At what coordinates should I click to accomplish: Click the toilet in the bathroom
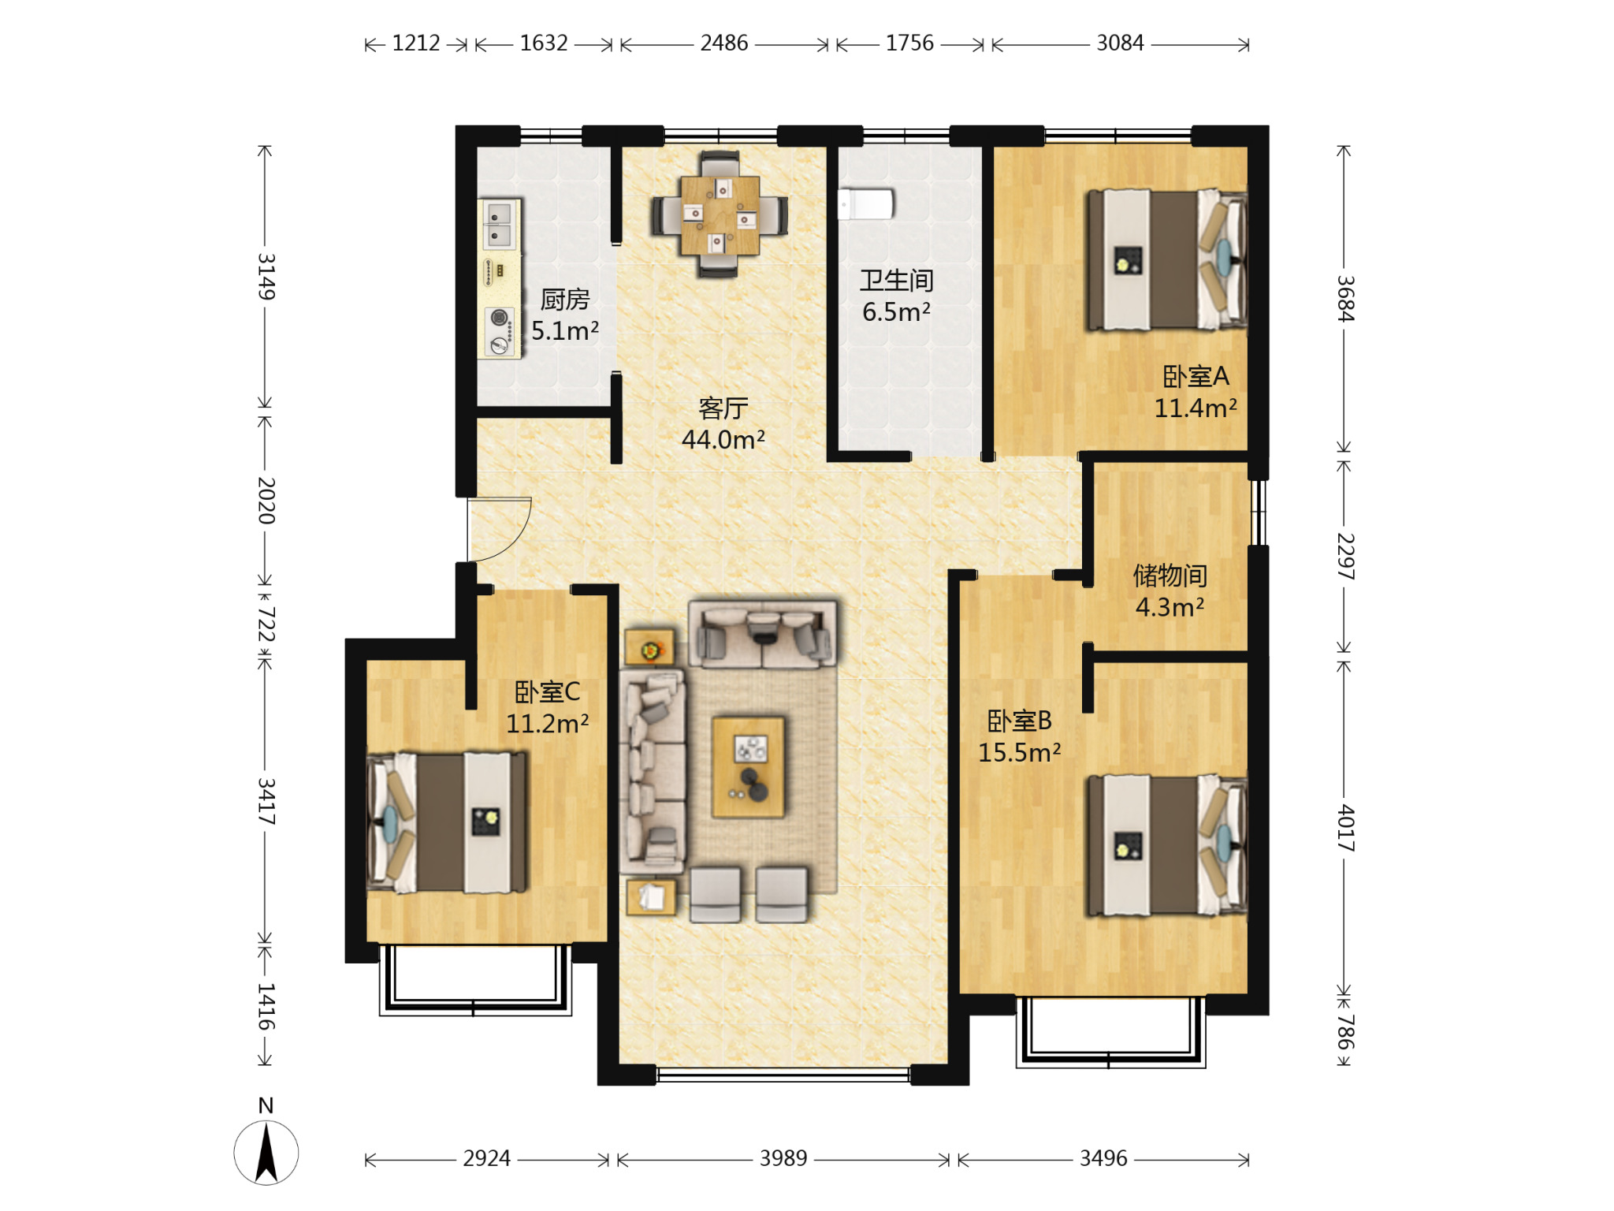(x=865, y=203)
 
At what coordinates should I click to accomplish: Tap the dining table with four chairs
(x=720, y=214)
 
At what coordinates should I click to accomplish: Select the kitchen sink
(x=500, y=224)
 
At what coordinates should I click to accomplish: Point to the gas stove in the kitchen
(x=500, y=331)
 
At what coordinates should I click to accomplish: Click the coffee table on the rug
(x=748, y=766)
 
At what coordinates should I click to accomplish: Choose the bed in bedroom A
(x=1166, y=260)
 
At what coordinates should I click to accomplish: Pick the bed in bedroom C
(x=447, y=822)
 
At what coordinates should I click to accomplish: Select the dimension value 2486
(x=723, y=43)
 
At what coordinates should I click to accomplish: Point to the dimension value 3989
(x=783, y=1158)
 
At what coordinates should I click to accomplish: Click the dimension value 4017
(x=1345, y=827)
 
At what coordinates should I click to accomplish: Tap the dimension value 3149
(x=266, y=276)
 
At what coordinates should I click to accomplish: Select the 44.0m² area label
(x=723, y=439)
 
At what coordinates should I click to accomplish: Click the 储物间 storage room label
(x=1170, y=576)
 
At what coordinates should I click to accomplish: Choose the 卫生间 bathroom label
(x=897, y=280)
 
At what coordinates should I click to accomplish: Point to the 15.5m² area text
(x=1020, y=752)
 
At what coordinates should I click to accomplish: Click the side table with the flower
(x=650, y=648)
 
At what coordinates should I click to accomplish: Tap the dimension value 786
(x=1345, y=1032)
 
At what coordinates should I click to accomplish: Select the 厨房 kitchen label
(x=565, y=300)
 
